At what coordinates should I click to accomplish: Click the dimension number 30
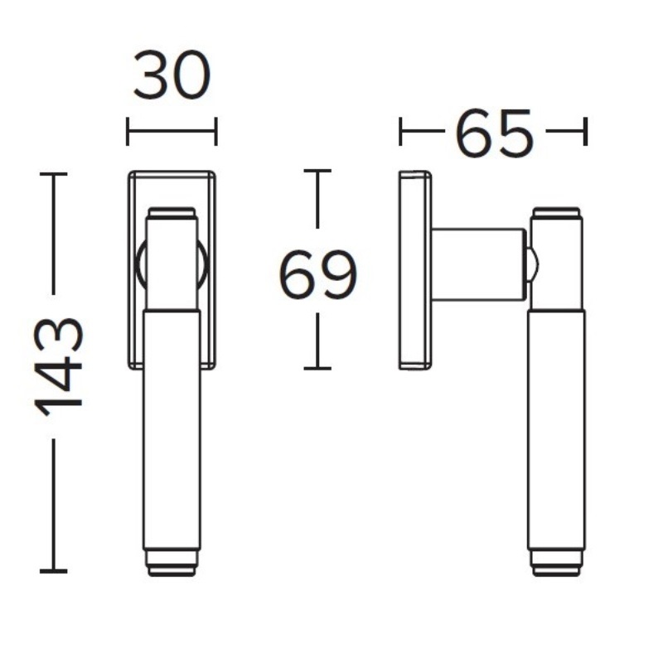[x=172, y=75]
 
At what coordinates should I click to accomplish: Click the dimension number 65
[x=493, y=133]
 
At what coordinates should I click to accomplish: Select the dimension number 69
[x=318, y=274]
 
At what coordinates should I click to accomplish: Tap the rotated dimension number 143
[x=58, y=365]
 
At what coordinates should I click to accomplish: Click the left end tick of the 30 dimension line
[x=128, y=131]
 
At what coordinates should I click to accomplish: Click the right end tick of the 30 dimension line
[x=216, y=131]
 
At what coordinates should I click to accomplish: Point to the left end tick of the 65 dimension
[x=400, y=131]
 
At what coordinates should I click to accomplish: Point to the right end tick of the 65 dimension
[x=585, y=131]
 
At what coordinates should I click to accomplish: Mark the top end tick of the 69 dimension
[x=317, y=171]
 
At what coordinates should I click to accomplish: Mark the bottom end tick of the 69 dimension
[x=317, y=368]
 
